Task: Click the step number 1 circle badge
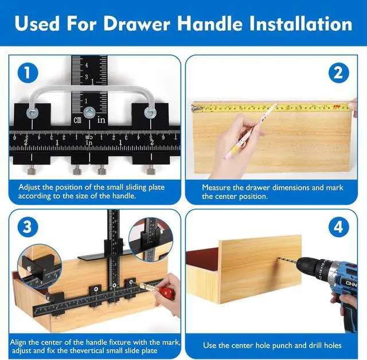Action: click(x=28, y=73)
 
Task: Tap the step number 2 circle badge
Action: click(x=339, y=73)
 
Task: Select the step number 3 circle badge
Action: click(x=28, y=227)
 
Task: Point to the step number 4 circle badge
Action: click(x=339, y=227)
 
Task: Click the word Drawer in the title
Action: click(x=136, y=24)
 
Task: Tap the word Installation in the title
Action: click(x=300, y=24)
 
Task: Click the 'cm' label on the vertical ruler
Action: click(x=77, y=120)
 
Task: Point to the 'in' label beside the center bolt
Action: click(x=101, y=120)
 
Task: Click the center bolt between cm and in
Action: click(x=89, y=112)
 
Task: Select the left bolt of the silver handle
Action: click(x=32, y=113)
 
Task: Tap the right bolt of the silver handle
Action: click(x=150, y=113)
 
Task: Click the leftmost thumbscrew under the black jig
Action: click(x=32, y=170)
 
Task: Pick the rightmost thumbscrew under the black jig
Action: click(x=150, y=170)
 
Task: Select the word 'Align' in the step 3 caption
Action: click(x=18, y=342)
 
